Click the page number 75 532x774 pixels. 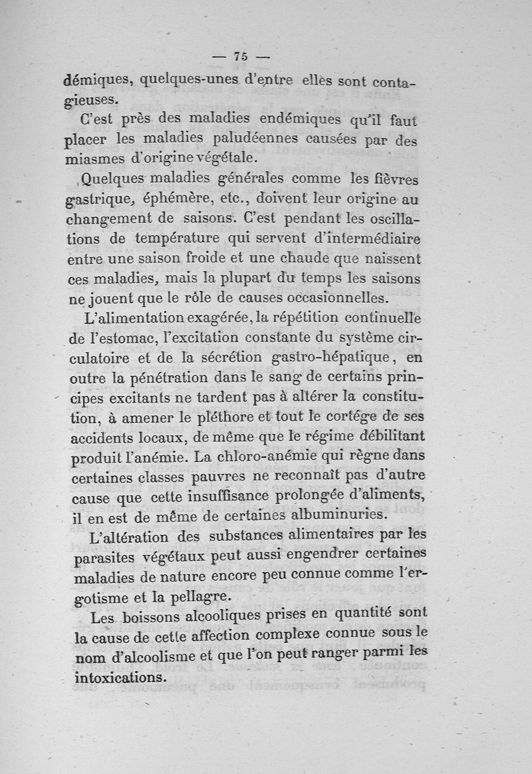[x=241, y=57]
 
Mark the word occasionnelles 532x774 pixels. [x=334, y=297]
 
